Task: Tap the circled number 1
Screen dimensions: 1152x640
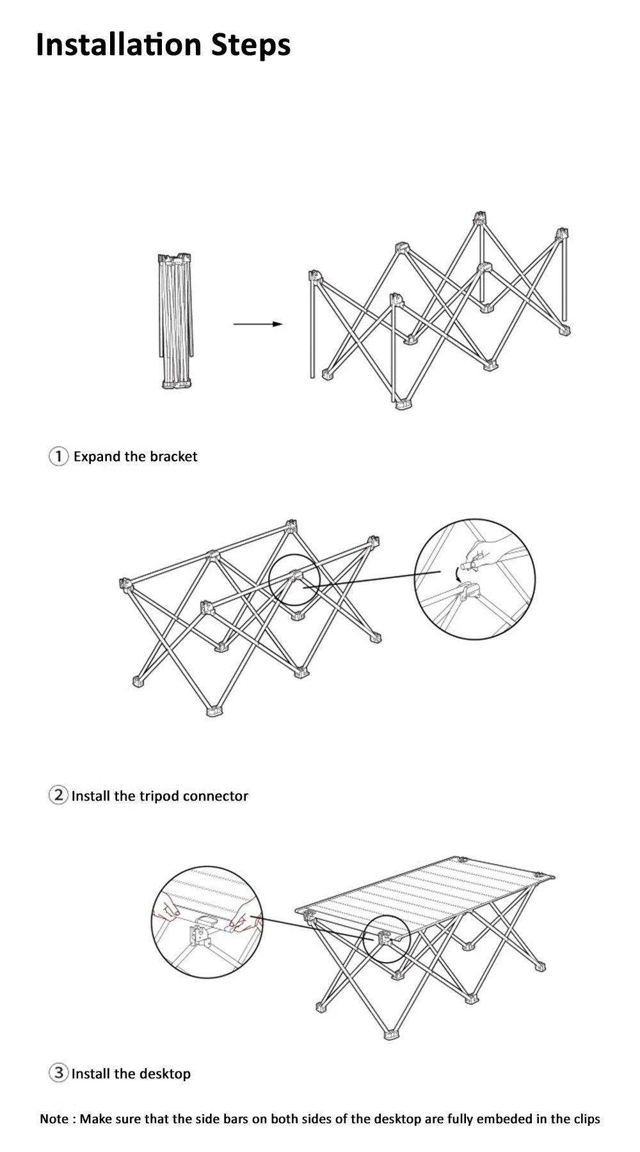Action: (x=58, y=456)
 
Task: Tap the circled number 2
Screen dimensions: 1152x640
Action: (x=58, y=796)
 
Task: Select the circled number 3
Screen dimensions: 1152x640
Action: (x=58, y=1073)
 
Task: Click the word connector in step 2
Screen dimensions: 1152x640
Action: (x=216, y=796)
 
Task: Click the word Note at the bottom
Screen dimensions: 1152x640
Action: (x=54, y=1119)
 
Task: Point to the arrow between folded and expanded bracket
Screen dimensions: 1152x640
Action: (x=257, y=324)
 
